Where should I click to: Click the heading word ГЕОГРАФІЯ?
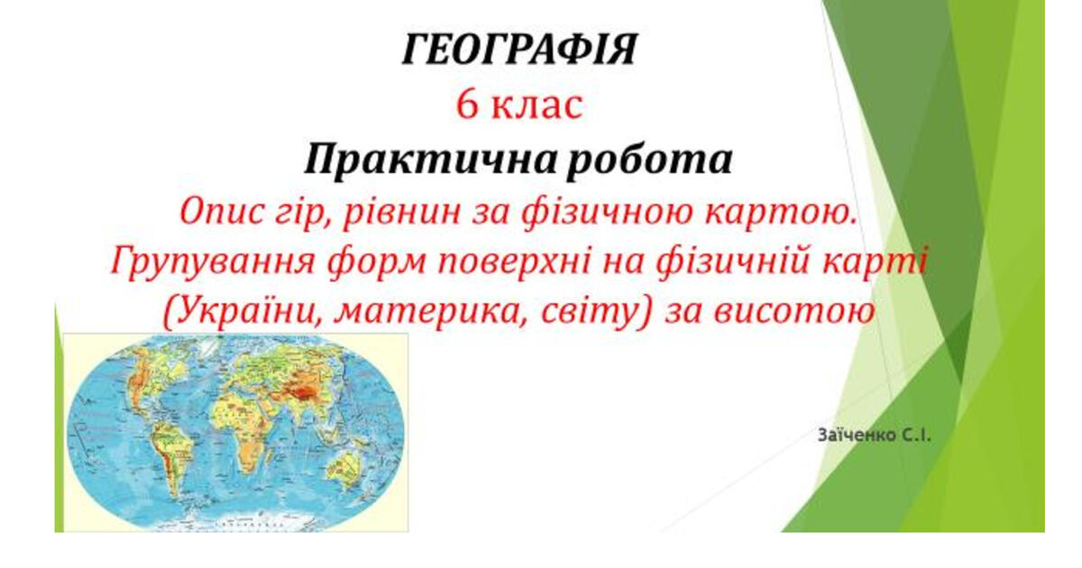pos(520,49)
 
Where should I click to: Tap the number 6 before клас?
pos(467,105)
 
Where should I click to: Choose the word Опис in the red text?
pos(221,213)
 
